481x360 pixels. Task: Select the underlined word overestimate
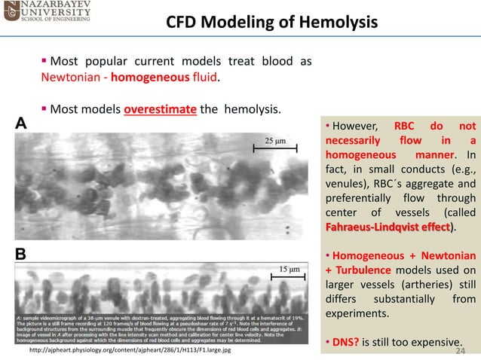(x=161, y=109)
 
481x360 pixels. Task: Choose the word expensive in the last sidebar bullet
(x=435, y=343)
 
